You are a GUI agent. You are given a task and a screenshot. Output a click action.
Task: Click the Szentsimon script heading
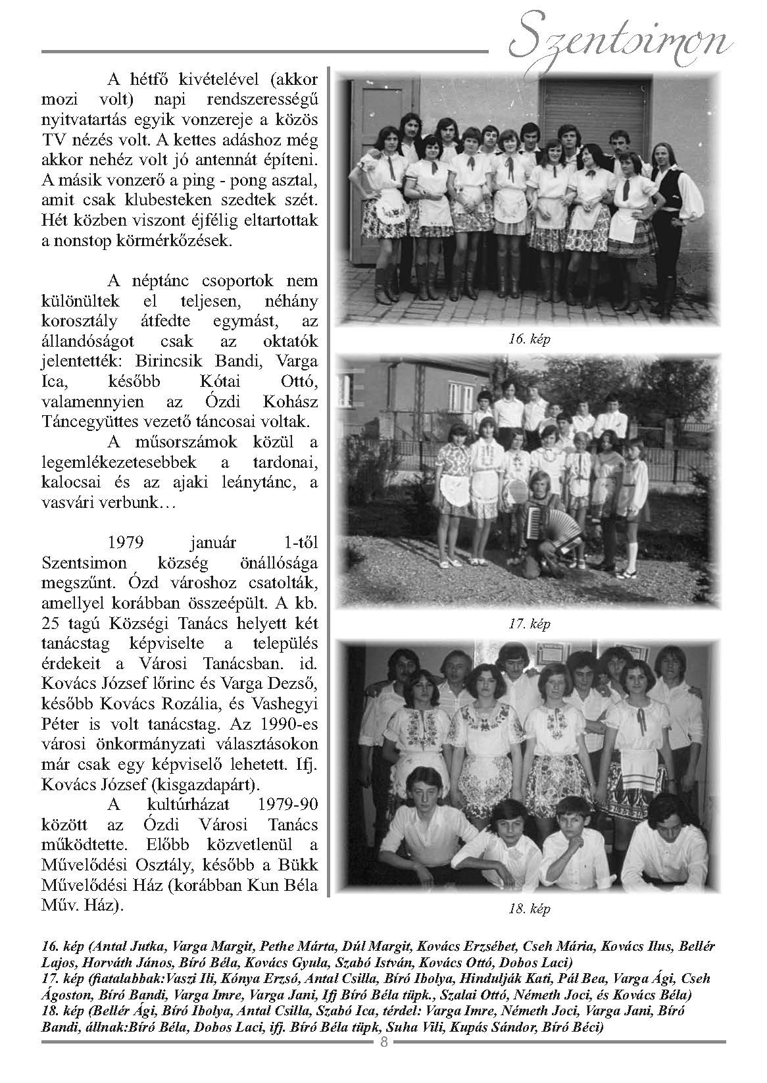click(622, 41)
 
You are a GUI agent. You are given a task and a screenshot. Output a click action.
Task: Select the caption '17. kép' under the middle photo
click(529, 624)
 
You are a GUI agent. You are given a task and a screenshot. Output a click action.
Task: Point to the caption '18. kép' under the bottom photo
click(529, 910)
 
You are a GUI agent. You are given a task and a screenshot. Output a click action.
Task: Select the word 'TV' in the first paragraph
click(54, 140)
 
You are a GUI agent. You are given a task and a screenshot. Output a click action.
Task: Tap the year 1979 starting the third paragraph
click(126, 543)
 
